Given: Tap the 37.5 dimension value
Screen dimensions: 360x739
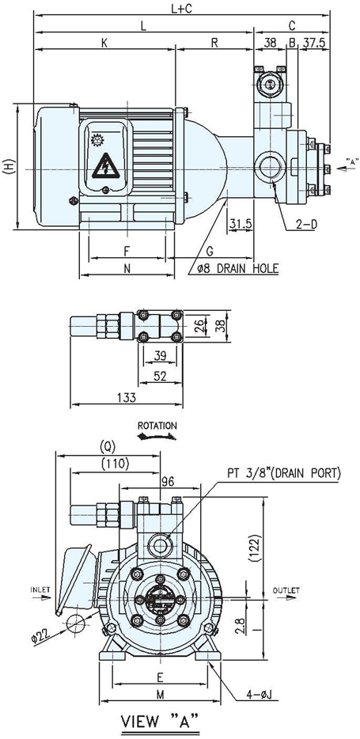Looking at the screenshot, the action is point(314,43).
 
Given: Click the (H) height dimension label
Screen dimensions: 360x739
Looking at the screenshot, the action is point(9,167).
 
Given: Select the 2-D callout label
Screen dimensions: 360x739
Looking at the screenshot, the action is point(306,225).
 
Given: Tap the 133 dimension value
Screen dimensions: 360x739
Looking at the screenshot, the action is point(126,398).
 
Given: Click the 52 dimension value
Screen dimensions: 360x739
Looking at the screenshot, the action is point(160,376).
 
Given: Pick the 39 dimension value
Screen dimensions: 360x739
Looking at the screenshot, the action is point(160,356).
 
